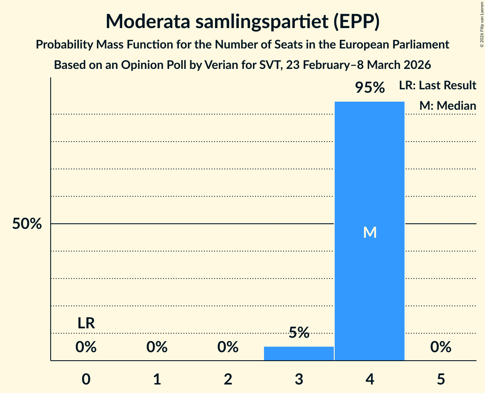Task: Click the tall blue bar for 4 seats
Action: [x=370, y=170]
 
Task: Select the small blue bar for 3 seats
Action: [x=298, y=353]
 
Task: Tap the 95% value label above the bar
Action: [x=370, y=88]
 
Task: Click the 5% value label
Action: [x=298, y=333]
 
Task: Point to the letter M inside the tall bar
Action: [x=370, y=232]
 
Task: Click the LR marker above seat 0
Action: [x=86, y=323]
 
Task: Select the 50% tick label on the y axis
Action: [x=27, y=224]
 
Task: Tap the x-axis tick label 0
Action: [x=86, y=379]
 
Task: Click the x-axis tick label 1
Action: [x=157, y=379]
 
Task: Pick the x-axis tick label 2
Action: [x=228, y=379]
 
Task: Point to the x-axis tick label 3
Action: [x=298, y=379]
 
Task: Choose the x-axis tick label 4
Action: [x=370, y=379]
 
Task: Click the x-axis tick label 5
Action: [x=440, y=379]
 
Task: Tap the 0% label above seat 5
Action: [x=440, y=347]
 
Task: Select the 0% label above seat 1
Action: [x=157, y=347]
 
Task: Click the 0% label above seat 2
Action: [x=228, y=347]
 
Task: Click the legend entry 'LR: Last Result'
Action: [x=437, y=85]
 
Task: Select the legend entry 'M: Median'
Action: [x=448, y=105]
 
